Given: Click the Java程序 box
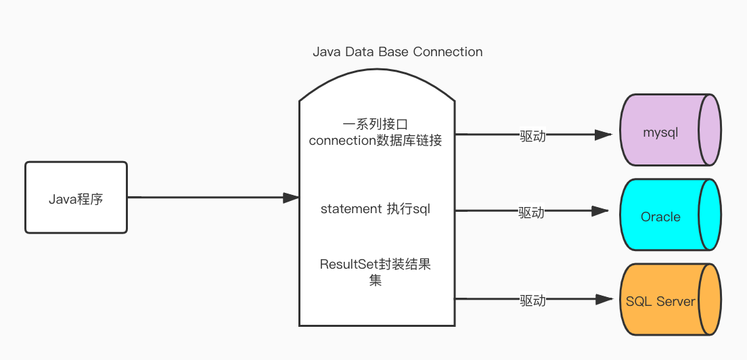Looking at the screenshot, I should [76, 198].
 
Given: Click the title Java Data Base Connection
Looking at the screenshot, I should [397, 52].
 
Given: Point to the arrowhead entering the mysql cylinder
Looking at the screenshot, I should [604, 135].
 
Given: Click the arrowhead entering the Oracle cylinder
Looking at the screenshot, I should [600, 211].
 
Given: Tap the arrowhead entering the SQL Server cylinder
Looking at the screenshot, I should [604, 299].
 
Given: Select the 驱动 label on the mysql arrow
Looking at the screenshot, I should [533, 135].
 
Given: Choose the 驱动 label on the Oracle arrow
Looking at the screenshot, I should [531, 212].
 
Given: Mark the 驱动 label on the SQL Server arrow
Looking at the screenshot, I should [533, 300].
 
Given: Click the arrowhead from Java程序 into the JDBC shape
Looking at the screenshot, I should [291, 198].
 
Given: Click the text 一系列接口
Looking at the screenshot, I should [375, 125].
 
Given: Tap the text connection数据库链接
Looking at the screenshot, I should [376, 141].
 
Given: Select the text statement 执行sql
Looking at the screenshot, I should [376, 209].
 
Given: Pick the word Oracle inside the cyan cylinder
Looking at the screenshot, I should [660, 217].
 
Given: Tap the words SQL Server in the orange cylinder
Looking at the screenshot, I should [660, 301].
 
